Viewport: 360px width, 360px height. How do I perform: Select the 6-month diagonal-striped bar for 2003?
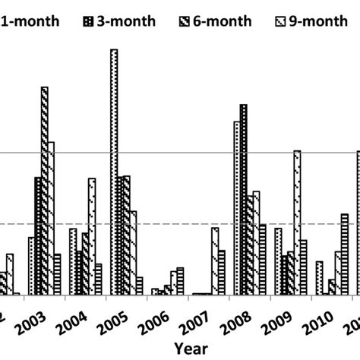tap(45, 190)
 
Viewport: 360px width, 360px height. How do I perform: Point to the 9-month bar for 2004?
tap(92, 235)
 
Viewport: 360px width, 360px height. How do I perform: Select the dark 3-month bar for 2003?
tap(38, 235)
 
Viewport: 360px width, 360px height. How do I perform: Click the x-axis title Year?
tap(187, 348)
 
